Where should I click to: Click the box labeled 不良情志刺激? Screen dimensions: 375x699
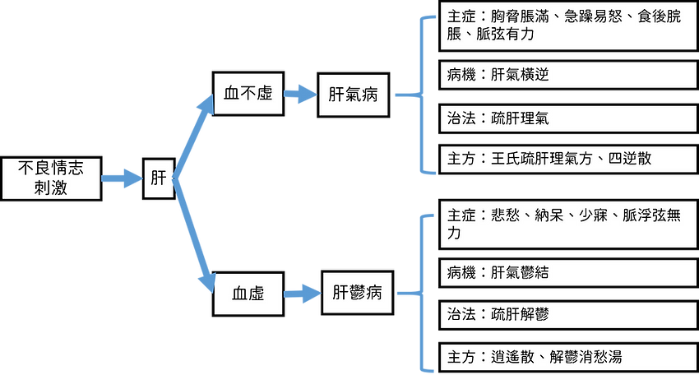click(x=51, y=178)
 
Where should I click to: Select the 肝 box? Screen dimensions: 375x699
click(x=159, y=178)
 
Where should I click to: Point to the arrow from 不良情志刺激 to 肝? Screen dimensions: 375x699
click(x=123, y=178)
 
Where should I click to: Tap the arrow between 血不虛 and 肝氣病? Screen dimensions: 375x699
click(x=299, y=94)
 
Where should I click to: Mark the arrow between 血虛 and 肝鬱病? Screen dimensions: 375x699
click(x=302, y=293)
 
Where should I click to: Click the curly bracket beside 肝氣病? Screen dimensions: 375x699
click(x=420, y=94)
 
